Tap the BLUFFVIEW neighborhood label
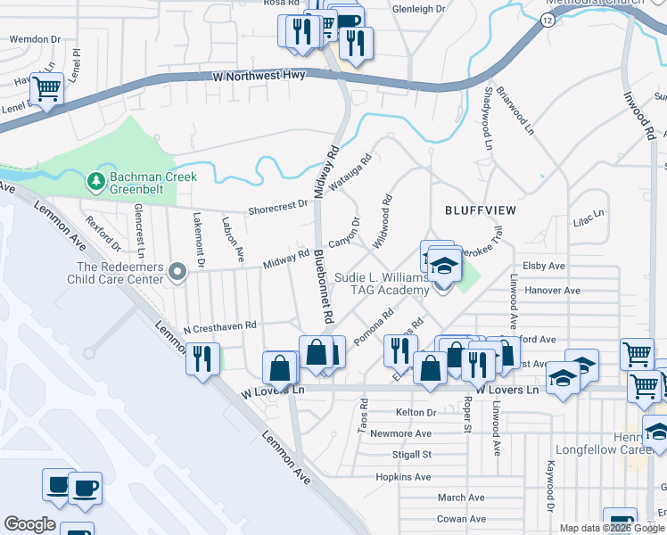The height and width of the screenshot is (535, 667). tap(482, 210)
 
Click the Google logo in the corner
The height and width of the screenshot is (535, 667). tap(29, 524)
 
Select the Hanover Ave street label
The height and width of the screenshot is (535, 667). tap(552, 291)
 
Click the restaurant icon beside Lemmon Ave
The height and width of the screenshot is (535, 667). tap(202, 359)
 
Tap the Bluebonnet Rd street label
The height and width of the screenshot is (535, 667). tap(323, 285)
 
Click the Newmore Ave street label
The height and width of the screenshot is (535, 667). tap(400, 434)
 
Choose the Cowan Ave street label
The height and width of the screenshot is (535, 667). tap(461, 519)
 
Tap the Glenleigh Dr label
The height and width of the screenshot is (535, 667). tap(417, 9)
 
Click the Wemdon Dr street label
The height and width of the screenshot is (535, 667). tap(34, 40)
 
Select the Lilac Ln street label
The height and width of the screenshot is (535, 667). tap(589, 216)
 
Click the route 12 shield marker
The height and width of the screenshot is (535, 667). tap(543, 25)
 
